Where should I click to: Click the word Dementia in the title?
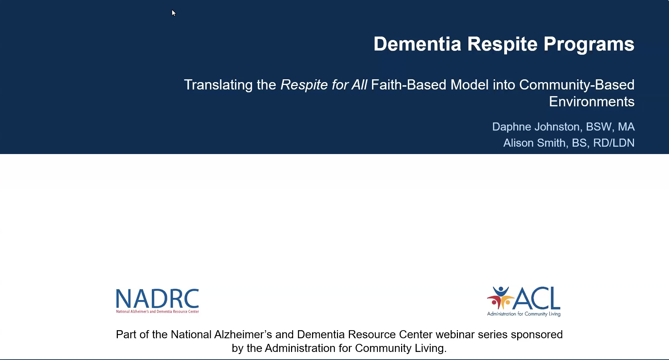tap(417, 44)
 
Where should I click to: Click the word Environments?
tap(592, 101)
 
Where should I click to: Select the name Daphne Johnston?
tap(536, 127)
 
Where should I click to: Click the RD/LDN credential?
tap(614, 143)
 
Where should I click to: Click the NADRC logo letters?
tap(157, 299)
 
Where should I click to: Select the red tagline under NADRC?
tap(157, 312)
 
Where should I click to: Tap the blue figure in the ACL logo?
tap(501, 293)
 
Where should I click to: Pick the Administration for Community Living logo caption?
tap(524, 314)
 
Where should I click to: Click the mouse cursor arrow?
tap(174, 13)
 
